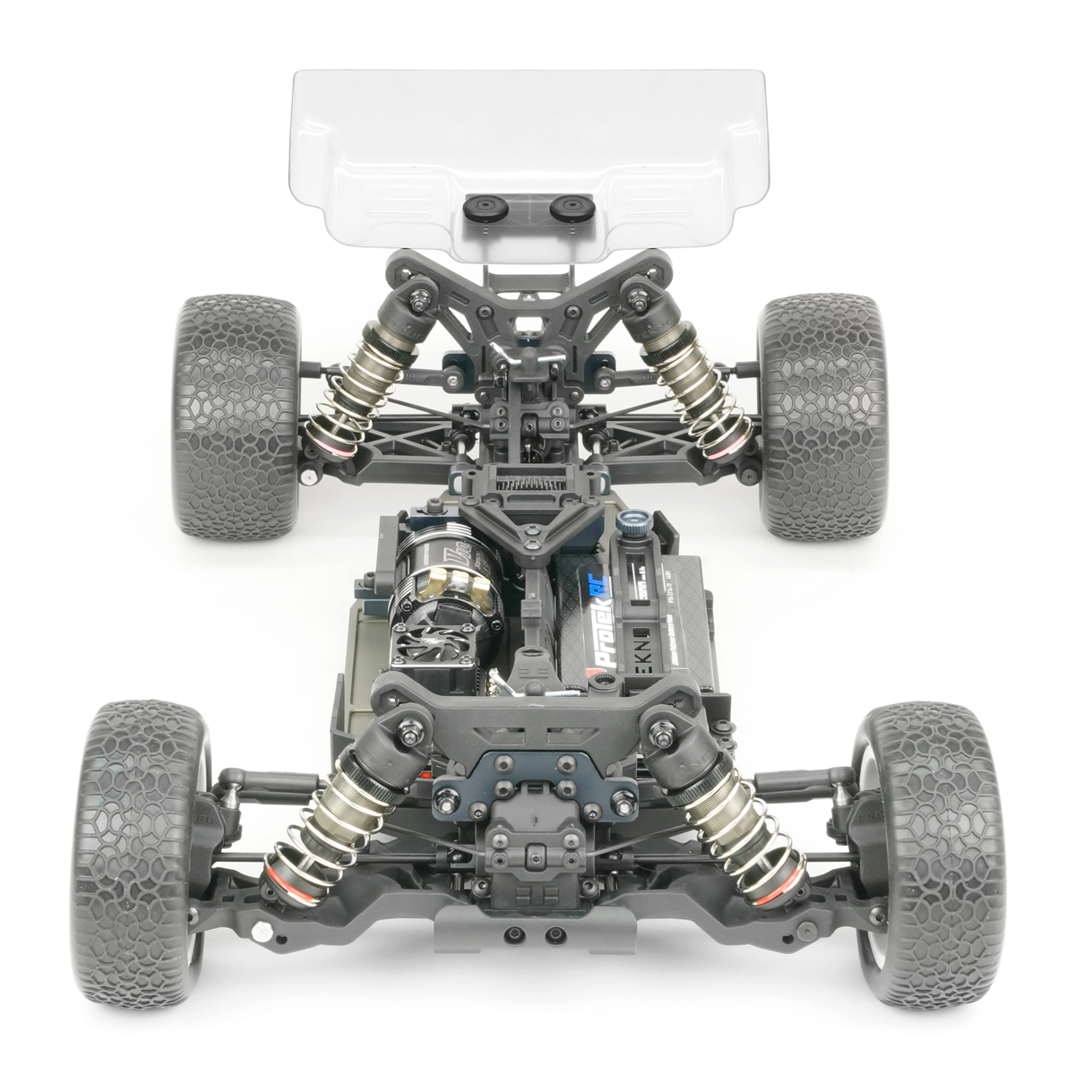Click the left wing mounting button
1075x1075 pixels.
point(491,204)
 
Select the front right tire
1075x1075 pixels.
point(923,838)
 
